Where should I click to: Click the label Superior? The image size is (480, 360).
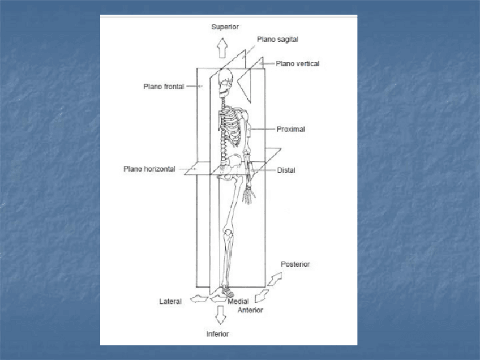(x=225, y=27)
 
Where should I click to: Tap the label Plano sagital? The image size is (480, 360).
(x=277, y=40)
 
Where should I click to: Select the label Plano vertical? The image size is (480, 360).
(x=297, y=63)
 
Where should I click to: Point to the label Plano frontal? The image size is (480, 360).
(x=164, y=87)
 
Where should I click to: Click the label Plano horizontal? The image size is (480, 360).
(x=149, y=169)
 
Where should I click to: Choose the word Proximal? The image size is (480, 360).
(x=291, y=129)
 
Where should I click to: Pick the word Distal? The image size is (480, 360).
(x=286, y=170)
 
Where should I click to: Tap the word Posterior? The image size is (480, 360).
(x=295, y=264)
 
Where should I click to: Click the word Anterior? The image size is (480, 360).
(x=250, y=310)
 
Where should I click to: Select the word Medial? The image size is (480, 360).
(x=238, y=302)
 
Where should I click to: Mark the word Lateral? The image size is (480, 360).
(x=170, y=302)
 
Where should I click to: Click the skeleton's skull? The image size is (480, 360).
(x=225, y=83)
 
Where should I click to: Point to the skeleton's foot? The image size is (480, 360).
(x=227, y=292)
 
